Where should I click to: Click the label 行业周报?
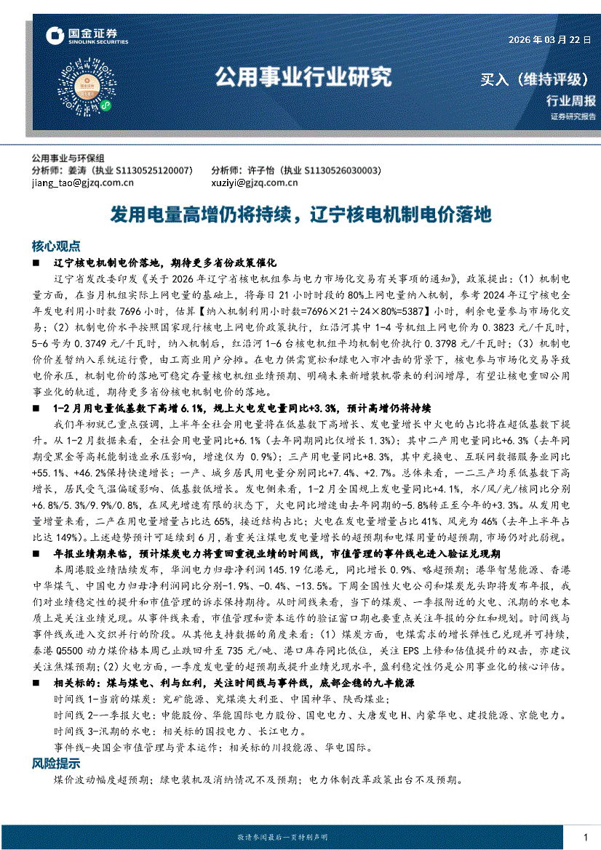click(570, 101)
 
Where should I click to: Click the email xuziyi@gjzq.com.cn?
click(253, 183)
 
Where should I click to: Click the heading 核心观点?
click(56, 245)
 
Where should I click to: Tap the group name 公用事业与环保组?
click(68, 158)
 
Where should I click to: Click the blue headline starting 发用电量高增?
click(300, 214)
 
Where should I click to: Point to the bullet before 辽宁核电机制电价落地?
click(36, 261)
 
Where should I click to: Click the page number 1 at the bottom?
click(585, 838)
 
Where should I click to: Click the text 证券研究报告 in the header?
click(573, 116)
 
